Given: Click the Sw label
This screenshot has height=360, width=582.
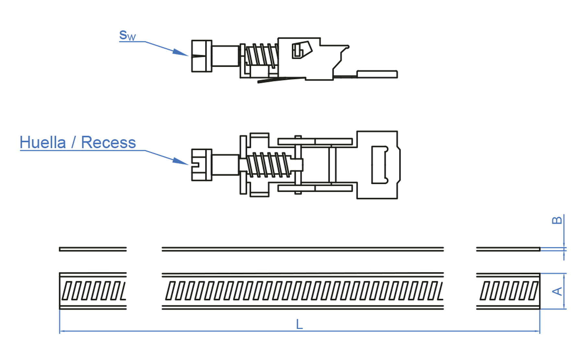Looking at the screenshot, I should (127, 35).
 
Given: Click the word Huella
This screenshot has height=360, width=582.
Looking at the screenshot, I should (43, 142).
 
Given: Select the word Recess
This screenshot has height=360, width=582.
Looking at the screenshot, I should (108, 142).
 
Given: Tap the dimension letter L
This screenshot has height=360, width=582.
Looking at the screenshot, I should (299, 324).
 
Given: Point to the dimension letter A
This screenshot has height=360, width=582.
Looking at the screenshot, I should (557, 291).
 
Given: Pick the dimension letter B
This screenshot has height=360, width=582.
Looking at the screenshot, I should (557, 221).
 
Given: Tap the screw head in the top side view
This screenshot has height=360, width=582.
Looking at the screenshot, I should (201, 56).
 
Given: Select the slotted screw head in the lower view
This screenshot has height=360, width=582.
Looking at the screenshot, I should (201, 165).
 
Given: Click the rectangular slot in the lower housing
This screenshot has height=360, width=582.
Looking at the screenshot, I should (379, 165).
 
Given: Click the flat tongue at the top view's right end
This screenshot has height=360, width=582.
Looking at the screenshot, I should (377, 74).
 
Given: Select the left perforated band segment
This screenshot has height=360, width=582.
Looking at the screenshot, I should (93, 291).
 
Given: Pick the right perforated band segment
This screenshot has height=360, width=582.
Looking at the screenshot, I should (508, 291).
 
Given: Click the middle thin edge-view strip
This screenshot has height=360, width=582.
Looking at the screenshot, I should (303, 249).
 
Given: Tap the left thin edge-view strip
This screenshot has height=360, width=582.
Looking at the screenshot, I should (93, 249).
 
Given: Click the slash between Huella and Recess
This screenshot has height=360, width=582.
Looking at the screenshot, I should (74, 142).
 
